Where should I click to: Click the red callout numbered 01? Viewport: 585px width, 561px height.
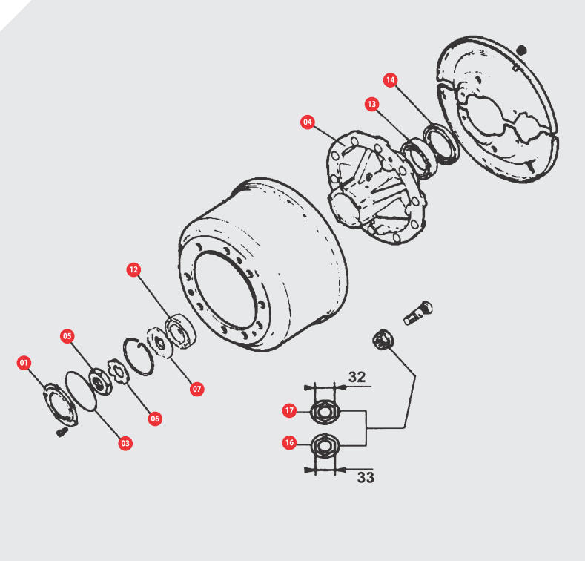tap(24, 363)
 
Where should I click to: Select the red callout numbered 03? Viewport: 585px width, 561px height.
tap(125, 443)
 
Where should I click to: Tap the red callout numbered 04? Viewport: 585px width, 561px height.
tap(308, 122)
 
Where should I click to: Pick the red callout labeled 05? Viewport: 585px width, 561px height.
tap(67, 335)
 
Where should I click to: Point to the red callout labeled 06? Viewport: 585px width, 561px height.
tap(155, 419)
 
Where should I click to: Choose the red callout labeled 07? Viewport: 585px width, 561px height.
tap(196, 389)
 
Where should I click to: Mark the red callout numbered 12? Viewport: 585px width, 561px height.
tap(133, 269)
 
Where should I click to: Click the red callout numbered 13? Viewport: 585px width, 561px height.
tap(371, 104)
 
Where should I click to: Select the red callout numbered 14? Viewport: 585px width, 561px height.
tap(390, 80)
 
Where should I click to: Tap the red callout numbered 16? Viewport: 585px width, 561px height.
tap(289, 442)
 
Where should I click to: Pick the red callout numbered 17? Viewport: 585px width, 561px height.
tap(289, 410)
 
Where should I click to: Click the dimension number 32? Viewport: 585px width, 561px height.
tap(357, 377)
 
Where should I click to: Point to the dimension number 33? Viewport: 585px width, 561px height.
tap(366, 477)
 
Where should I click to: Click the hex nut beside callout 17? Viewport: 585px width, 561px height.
tap(325, 412)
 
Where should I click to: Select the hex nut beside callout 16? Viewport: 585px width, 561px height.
tap(325, 445)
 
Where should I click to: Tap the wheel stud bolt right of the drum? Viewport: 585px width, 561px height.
tap(418, 313)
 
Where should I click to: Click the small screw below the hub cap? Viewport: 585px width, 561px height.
tap(62, 432)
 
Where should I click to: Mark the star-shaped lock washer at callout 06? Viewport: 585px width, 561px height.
tap(119, 371)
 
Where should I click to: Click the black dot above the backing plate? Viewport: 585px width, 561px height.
tap(521, 50)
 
